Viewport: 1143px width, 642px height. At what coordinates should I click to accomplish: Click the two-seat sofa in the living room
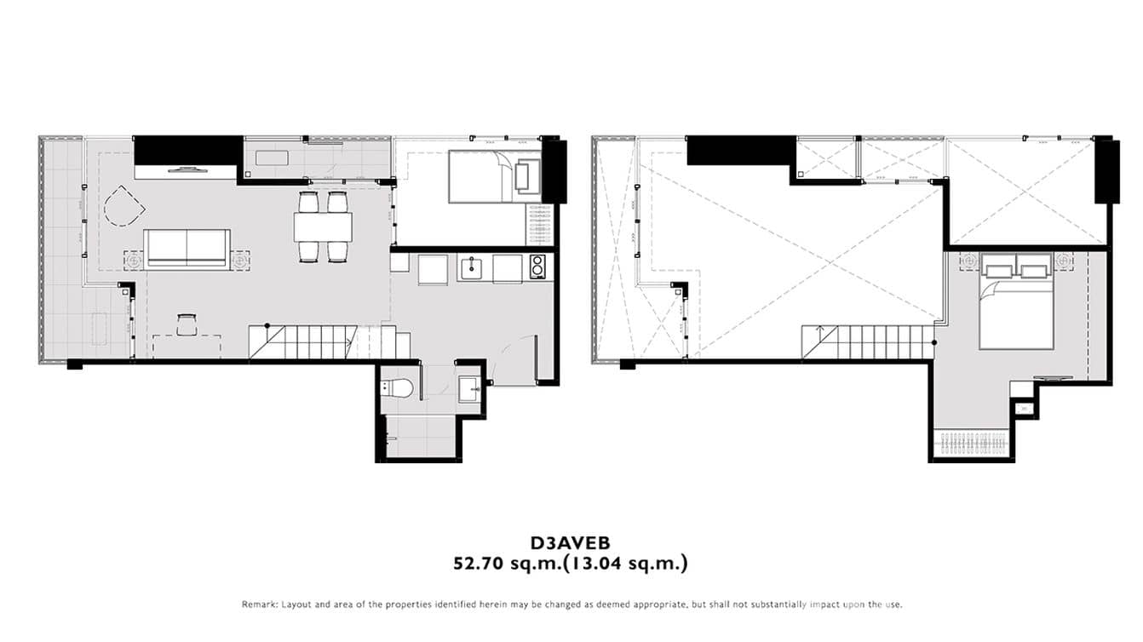tap(187, 249)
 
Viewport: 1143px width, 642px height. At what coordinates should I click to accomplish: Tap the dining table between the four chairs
tap(323, 227)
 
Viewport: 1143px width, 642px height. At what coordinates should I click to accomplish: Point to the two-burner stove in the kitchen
tap(537, 267)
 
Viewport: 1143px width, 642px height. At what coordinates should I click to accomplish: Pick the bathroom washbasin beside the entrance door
tap(469, 391)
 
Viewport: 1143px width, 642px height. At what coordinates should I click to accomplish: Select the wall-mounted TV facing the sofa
tap(187, 169)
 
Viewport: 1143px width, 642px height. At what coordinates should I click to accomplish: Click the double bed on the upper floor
tap(1019, 307)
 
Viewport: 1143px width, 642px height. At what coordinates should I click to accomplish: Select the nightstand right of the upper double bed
tap(1063, 261)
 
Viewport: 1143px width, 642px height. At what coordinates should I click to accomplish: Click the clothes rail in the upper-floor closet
tap(973, 443)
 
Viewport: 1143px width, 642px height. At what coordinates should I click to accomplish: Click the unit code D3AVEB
tap(570, 542)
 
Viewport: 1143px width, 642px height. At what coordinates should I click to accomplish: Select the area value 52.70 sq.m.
tap(502, 563)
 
